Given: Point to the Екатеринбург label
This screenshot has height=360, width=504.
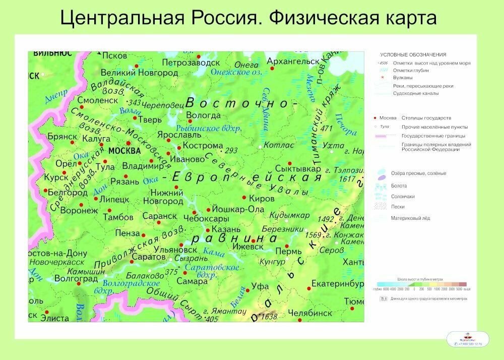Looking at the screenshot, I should click(337, 284).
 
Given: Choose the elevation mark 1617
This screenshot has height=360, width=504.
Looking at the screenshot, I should click(348, 178).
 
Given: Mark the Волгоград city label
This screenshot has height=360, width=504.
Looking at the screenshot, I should click(76, 278).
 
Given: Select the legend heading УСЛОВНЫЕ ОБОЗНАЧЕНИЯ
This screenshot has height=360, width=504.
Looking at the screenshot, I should click(413, 54).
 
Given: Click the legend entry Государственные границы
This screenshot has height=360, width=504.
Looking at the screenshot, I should click(433, 136).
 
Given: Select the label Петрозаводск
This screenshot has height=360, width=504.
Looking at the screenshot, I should click(191, 63).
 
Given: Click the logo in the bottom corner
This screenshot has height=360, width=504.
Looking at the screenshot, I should click(467, 339).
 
